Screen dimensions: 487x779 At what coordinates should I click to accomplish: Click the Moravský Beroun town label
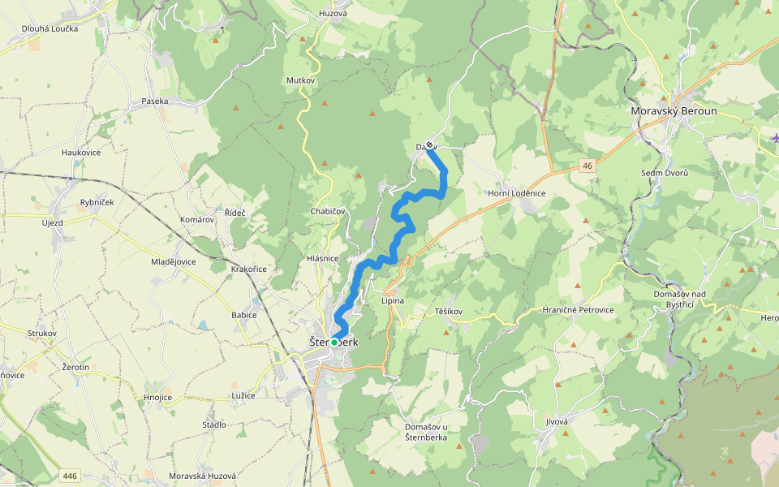click(674, 111)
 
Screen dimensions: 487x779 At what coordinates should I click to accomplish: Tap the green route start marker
click(334, 343)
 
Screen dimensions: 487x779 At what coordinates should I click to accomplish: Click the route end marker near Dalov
click(429, 145)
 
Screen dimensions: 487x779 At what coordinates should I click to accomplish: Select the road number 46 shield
click(587, 166)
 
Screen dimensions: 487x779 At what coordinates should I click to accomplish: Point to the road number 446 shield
click(69, 476)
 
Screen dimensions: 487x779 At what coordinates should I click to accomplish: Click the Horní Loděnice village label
click(516, 193)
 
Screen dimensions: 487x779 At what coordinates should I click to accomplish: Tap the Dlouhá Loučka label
click(49, 28)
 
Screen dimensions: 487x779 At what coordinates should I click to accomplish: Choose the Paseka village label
click(154, 101)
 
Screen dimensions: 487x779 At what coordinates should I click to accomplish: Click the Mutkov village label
click(300, 81)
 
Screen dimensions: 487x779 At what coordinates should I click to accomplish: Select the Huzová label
click(333, 14)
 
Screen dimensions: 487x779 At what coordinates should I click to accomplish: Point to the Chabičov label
click(328, 211)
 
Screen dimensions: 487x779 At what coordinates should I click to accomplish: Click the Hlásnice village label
click(322, 258)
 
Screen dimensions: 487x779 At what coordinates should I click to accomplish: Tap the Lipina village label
click(392, 301)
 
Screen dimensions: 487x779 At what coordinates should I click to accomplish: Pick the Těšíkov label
click(448, 312)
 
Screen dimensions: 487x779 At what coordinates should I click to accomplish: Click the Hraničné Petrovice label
click(579, 310)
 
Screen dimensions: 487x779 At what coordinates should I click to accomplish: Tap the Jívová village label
click(557, 421)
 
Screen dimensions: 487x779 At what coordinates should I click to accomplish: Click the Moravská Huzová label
click(202, 476)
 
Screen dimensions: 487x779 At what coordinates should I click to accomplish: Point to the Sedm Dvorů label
click(665, 173)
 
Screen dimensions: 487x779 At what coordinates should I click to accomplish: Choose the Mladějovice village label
click(174, 262)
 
